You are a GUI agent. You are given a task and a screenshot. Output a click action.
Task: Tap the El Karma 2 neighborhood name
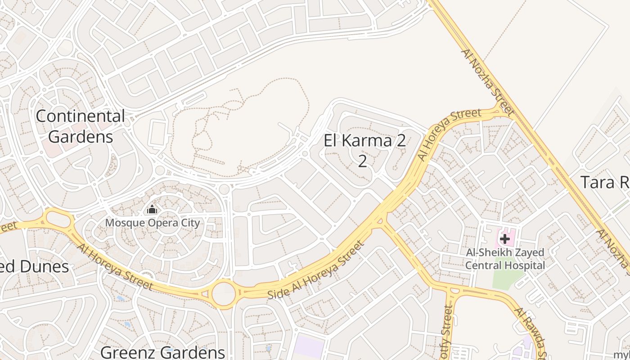point(364,141)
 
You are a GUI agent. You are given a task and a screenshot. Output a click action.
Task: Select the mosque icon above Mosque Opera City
point(152,210)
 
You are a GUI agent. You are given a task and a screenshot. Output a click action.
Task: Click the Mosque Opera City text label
point(152,223)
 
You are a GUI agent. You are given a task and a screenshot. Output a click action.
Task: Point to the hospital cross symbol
point(504,239)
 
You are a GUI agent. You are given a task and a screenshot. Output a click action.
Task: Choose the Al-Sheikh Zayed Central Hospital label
point(504,259)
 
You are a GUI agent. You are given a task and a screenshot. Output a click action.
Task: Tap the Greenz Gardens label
point(162,352)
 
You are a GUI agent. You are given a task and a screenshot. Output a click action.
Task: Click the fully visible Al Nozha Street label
point(487,82)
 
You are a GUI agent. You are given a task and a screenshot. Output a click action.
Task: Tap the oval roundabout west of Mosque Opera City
point(59,220)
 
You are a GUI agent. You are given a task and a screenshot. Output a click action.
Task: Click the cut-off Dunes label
point(34,266)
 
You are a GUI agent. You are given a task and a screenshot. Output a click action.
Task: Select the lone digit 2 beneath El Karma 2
point(363,161)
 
